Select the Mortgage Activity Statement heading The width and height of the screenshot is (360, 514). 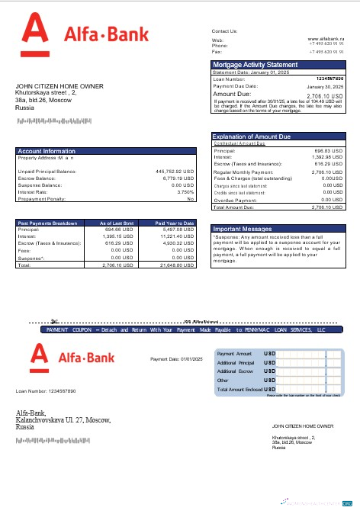tap(255, 65)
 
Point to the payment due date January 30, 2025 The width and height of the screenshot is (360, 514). tap(326, 88)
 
